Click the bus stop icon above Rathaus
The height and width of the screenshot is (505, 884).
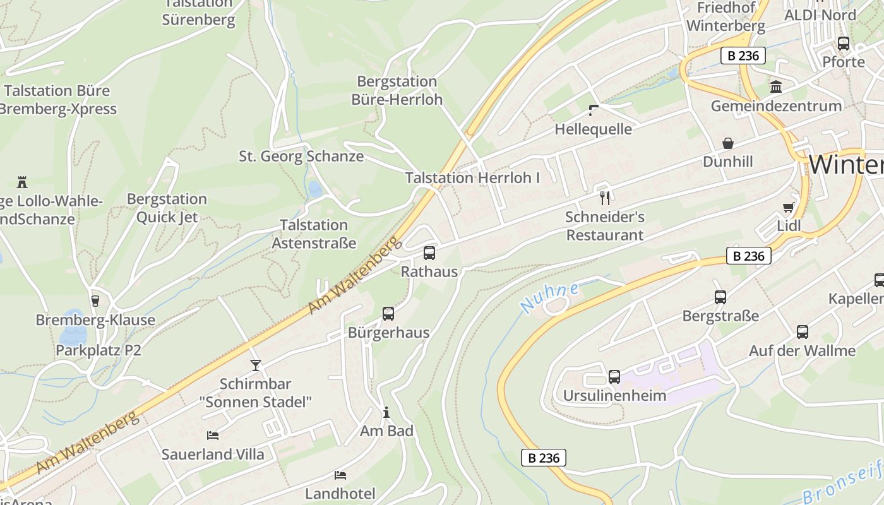[x=429, y=253]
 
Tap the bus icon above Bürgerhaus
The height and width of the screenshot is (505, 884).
[x=388, y=314]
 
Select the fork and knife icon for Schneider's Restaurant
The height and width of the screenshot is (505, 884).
[x=605, y=198]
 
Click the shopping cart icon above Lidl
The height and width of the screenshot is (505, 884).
[x=789, y=207]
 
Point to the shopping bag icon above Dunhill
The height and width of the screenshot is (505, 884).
[x=728, y=143]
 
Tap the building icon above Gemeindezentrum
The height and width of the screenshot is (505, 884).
[x=776, y=86]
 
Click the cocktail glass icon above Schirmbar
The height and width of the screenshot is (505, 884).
[x=256, y=365]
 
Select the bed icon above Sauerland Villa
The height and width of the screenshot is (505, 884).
[x=213, y=436]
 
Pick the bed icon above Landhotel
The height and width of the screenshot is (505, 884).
[x=340, y=475]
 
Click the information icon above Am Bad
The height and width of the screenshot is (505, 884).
[x=386, y=412]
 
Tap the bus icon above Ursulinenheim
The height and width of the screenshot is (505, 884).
[x=614, y=377]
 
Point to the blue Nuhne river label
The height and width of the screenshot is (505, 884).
[x=549, y=298]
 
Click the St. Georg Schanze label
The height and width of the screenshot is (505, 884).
[x=301, y=156]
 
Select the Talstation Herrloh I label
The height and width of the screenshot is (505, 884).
[x=472, y=178]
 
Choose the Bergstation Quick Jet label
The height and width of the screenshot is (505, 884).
[x=167, y=208]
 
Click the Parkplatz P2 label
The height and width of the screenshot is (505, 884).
[x=99, y=350]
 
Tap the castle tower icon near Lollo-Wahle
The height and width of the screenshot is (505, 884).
[x=22, y=182]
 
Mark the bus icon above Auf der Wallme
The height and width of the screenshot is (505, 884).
[x=803, y=332]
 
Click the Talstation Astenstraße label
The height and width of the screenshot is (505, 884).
[x=314, y=234]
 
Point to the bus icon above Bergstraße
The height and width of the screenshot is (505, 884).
[x=720, y=297]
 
